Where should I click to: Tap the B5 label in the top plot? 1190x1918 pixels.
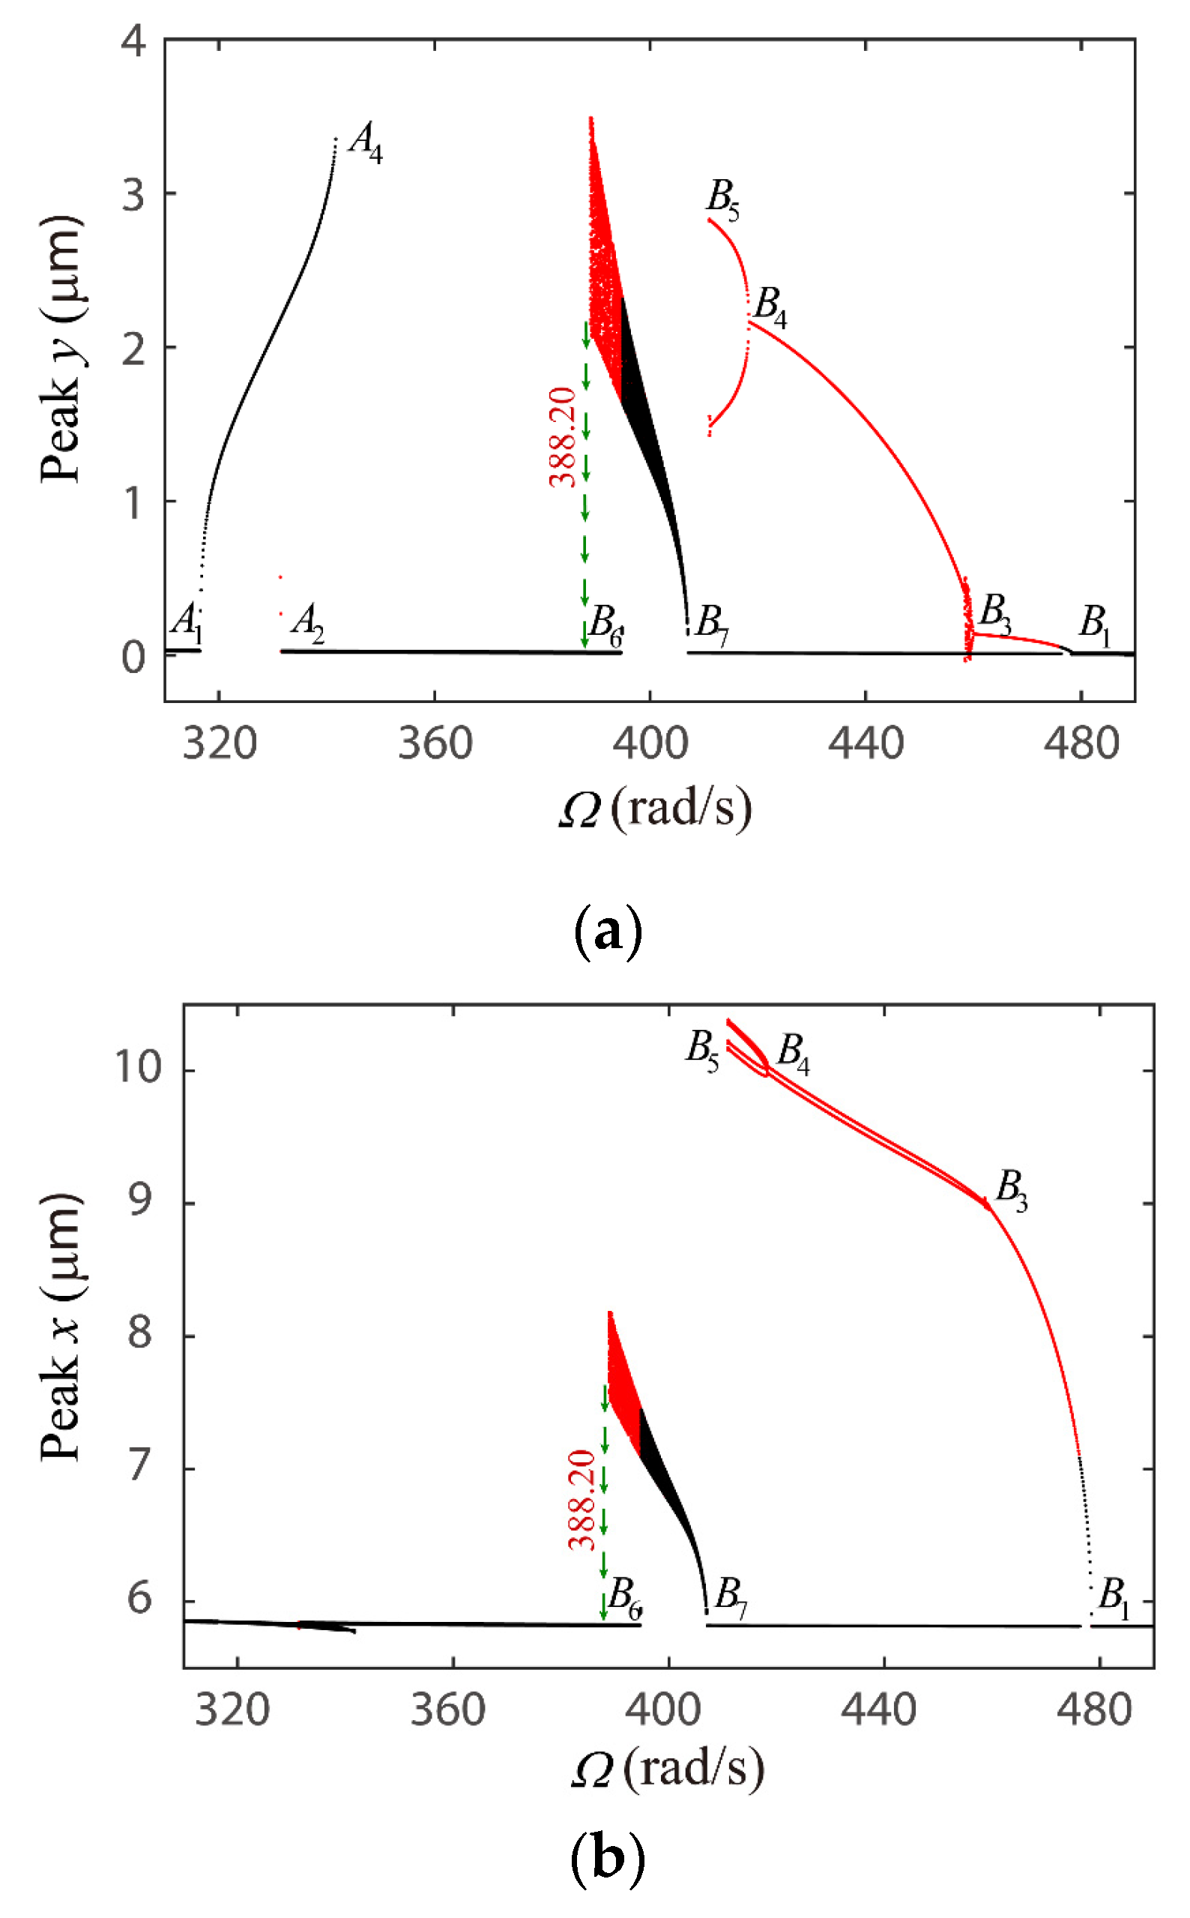(x=722, y=200)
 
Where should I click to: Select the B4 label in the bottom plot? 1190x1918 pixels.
(x=793, y=1054)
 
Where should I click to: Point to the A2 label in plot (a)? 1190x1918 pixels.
(x=308, y=624)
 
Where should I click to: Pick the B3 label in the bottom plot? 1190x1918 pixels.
(x=1012, y=1190)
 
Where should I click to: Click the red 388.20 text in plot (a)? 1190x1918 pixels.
(x=564, y=438)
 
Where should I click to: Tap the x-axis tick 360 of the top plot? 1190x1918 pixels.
(x=435, y=744)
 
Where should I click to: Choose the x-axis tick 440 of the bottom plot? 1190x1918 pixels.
(x=878, y=1710)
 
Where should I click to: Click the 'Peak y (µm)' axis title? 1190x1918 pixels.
(x=61, y=349)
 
